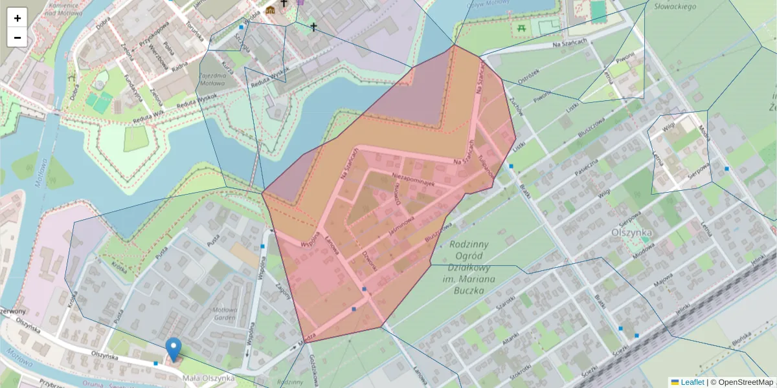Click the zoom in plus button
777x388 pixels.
coord(17,18)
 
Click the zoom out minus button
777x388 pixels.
coord(17,38)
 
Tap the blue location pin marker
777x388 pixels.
coord(173,349)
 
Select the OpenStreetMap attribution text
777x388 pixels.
coord(745,382)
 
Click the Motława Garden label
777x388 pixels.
coord(224,314)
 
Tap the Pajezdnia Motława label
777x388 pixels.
coord(212,80)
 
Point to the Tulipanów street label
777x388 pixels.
coord(486,166)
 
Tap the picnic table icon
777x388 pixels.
coord(521,28)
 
